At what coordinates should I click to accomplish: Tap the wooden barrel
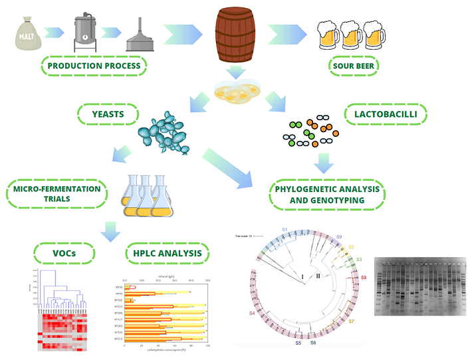(235, 33)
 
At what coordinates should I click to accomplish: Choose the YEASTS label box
(106, 114)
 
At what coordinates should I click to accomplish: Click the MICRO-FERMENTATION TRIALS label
(57, 194)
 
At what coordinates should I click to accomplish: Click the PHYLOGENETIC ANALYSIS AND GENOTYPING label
(327, 194)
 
